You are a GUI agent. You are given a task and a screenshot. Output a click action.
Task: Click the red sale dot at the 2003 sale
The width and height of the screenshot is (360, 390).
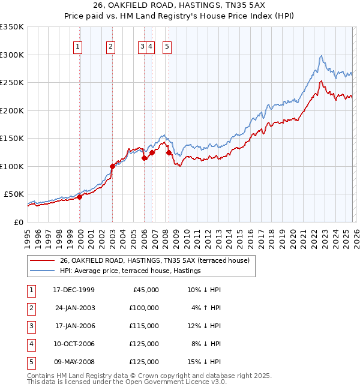pos(112,166)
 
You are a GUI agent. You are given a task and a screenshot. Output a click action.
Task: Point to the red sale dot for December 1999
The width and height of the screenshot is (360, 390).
pos(79,197)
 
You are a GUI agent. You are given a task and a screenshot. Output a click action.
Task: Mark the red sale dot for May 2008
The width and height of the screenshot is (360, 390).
pos(169,152)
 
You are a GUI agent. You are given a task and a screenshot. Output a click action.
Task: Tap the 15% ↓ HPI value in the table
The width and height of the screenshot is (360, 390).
pos(203,362)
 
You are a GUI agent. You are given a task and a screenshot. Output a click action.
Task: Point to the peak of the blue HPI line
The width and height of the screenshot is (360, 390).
pos(322,56)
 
